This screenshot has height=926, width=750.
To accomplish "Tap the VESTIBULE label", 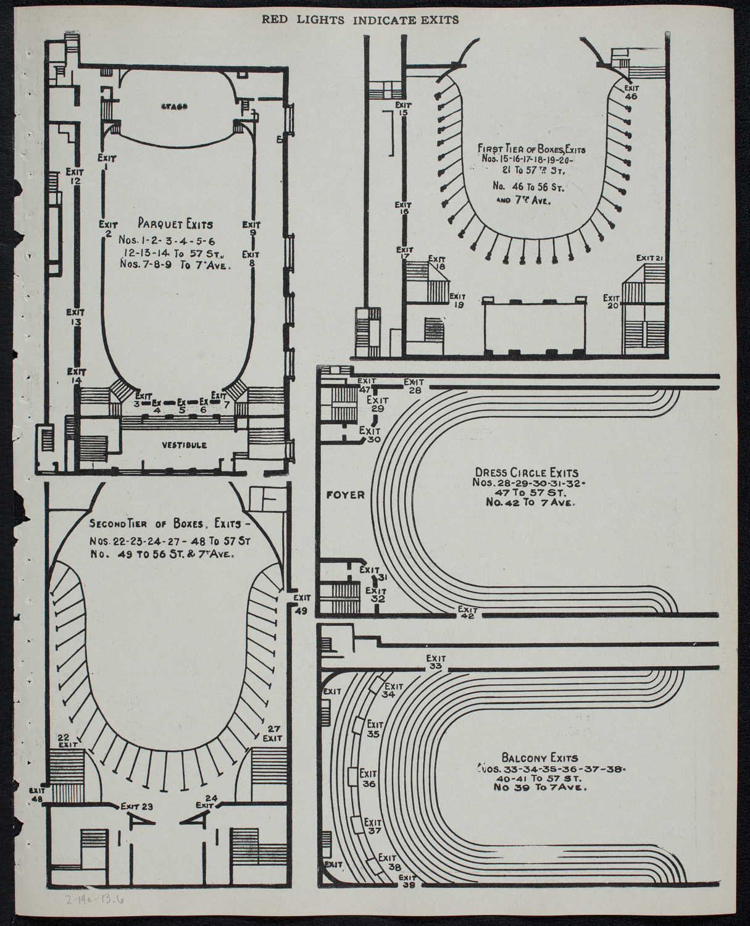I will coord(185,444).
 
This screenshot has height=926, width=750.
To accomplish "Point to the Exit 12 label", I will coord(75,176).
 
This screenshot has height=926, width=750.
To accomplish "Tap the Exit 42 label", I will coord(467,612).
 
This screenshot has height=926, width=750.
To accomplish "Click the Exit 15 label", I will coord(404,109).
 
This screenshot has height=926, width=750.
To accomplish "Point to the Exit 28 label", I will coord(413,386).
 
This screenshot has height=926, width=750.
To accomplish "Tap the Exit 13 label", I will coord(76,317).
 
